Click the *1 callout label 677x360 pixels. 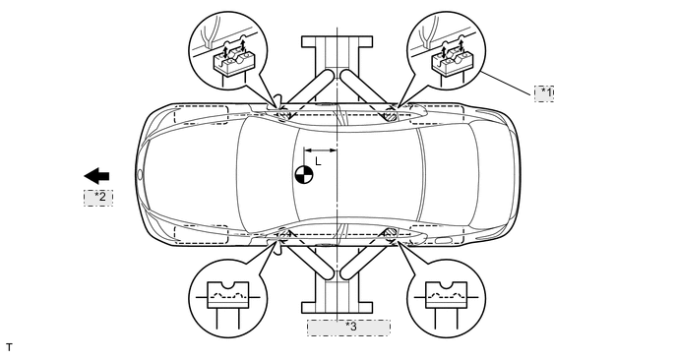[544, 93]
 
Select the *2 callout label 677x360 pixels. [98, 198]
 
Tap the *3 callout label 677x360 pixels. [349, 328]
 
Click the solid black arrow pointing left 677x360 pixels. [96, 176]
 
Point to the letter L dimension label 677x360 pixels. [318, 161]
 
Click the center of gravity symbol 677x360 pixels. [304, 175]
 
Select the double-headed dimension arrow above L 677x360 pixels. [321, 150]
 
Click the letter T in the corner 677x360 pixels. [9, 347]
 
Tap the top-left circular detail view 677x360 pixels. [228, 51]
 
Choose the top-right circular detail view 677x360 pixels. [447, 51]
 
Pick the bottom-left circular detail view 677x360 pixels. [228, 299]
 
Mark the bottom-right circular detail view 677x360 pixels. [447, 299]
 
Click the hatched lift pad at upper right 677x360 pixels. [390, 115]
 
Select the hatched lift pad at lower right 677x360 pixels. [390, 233]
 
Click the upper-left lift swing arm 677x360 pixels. [308, 91]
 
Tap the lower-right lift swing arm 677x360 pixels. [367, 256]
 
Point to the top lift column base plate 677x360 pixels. [337, 42]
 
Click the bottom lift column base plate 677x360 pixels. [337, 307]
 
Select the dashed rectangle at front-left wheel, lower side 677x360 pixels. [201, 234]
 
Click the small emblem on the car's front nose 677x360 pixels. [140, 175]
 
